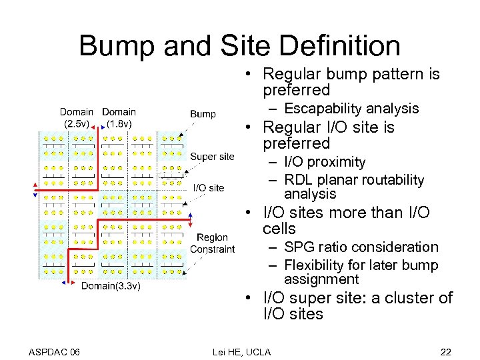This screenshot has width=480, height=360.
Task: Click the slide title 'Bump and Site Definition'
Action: (239, 46)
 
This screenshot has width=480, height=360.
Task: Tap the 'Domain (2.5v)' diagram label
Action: (76, 117)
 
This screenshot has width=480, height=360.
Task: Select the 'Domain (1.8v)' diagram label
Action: (119, 117)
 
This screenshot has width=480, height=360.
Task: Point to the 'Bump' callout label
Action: (203, 114)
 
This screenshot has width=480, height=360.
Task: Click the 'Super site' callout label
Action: (212, 157)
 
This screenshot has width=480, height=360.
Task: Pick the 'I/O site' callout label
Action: (209, 187)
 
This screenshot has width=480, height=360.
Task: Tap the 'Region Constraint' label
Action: (212, 243)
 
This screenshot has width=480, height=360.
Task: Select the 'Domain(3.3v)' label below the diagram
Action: (111, 287)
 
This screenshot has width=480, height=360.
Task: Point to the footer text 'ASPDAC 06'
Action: (55, 351)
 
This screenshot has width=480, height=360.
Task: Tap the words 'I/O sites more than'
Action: (333, 213)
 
